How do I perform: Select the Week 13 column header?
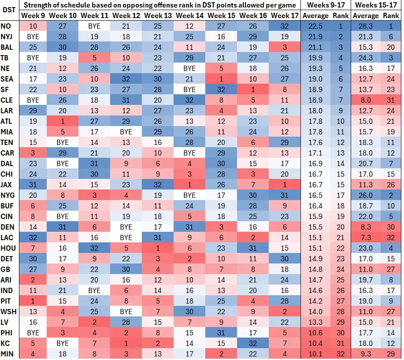[x=158, y=15]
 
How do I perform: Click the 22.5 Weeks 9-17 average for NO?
[x=316, y=26]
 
